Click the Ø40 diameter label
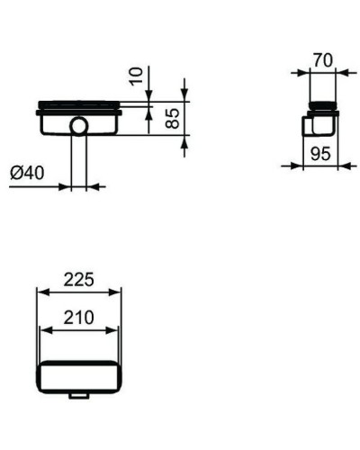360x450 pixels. point(27,173)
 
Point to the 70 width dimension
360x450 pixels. point(322,60)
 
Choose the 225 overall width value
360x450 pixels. point(77,280)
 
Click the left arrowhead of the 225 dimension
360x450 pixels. point(39,292)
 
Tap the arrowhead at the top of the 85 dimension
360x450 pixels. point(184,100)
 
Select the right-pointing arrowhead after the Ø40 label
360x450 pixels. point(67,186)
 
